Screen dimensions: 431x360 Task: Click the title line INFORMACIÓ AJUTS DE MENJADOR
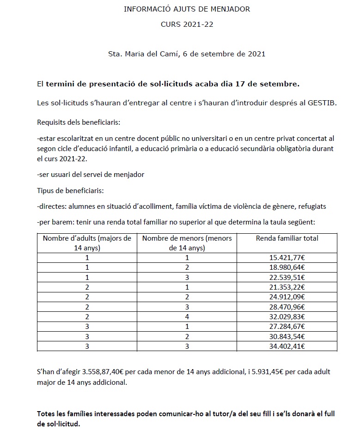tap(187, 9)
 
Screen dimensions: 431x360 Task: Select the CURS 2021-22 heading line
tap(187, 24)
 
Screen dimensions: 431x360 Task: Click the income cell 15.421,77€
tap(287, 258)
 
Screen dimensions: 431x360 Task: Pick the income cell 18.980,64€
tap(287, 267)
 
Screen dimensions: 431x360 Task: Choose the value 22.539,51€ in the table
tap(287, 277)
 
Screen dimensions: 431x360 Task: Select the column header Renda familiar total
tap(287, 238)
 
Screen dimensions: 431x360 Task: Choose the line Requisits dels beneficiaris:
tap(79, 122)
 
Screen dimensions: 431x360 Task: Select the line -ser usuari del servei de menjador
tap(91, 174)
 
